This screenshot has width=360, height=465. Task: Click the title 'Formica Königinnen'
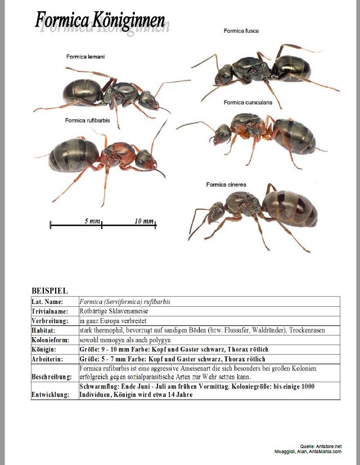[100, 21]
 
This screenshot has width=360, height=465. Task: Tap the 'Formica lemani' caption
[85, 56]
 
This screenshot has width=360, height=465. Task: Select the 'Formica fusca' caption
[241, 31]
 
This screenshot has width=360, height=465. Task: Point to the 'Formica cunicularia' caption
[247, 102]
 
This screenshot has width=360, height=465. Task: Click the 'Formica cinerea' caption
[226, 185]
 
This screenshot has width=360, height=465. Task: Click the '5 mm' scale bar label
[92, 221]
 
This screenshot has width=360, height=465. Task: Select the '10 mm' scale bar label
[144, 221]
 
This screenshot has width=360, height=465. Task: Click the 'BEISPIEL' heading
[49, 291]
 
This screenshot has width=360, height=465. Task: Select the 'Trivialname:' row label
[50, 311]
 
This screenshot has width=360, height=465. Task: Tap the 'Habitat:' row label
[43, 330]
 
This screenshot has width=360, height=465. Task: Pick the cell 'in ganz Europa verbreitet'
[113, 321]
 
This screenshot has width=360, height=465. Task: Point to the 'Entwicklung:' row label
[51, 395]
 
